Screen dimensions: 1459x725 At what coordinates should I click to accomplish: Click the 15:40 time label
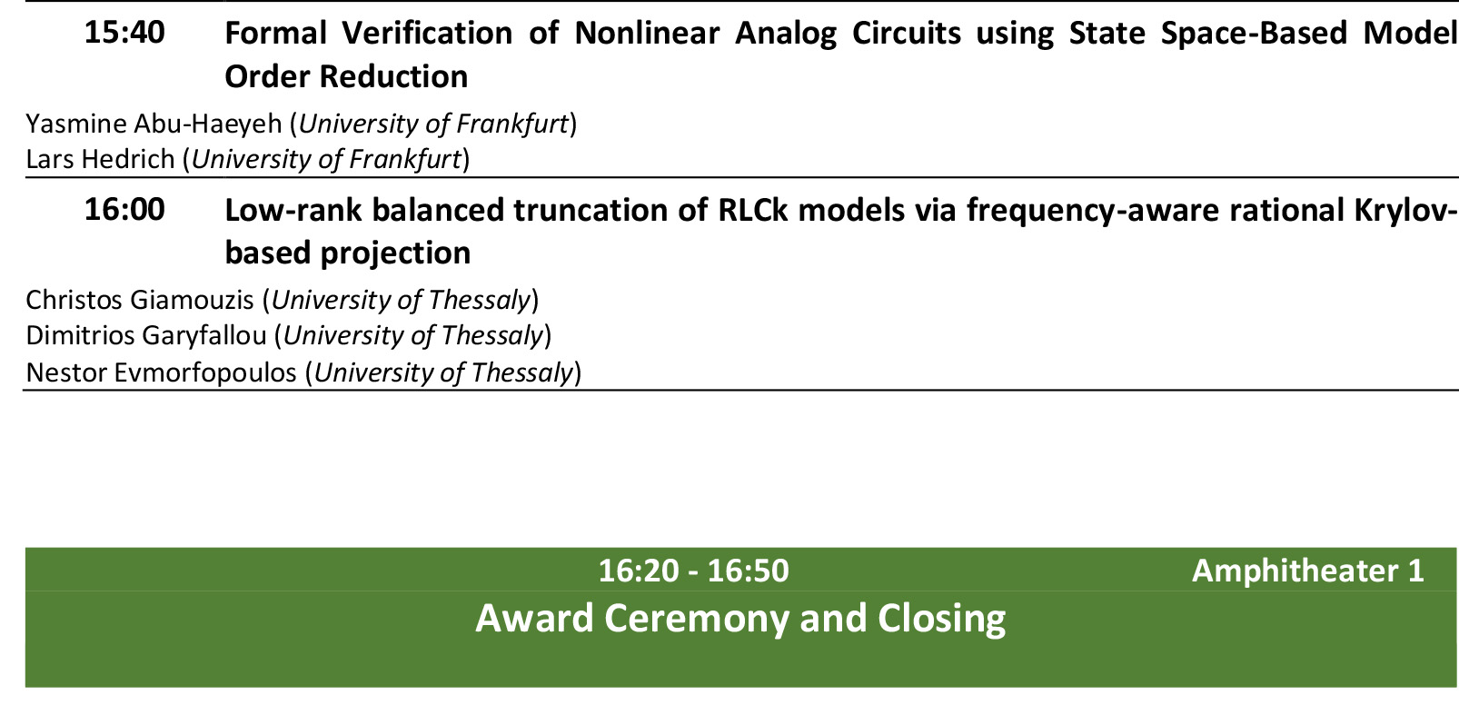tap(124, 33)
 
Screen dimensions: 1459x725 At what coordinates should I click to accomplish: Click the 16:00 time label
tap(124, 210)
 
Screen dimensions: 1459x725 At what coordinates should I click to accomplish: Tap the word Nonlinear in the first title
tap(647, 33)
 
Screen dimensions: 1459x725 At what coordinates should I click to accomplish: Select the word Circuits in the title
tap(906, 33)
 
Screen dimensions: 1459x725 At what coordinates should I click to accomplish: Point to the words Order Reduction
tap(346, 77)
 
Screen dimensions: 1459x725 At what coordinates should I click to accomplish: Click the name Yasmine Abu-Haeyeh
tap(154, 124)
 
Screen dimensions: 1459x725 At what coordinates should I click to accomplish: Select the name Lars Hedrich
tap(100, 160)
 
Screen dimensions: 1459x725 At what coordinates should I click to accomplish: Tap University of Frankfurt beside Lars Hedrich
tap(326, 160)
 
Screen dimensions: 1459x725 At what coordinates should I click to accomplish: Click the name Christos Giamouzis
tap(139, 301)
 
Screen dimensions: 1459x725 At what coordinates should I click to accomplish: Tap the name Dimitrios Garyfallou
tap(146, 336)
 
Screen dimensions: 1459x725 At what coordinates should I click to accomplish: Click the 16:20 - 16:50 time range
tap(694, 571)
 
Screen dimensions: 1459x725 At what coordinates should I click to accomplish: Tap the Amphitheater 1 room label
tap(1308, 571)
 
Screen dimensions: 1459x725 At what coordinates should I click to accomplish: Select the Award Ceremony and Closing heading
tap(740, 618)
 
